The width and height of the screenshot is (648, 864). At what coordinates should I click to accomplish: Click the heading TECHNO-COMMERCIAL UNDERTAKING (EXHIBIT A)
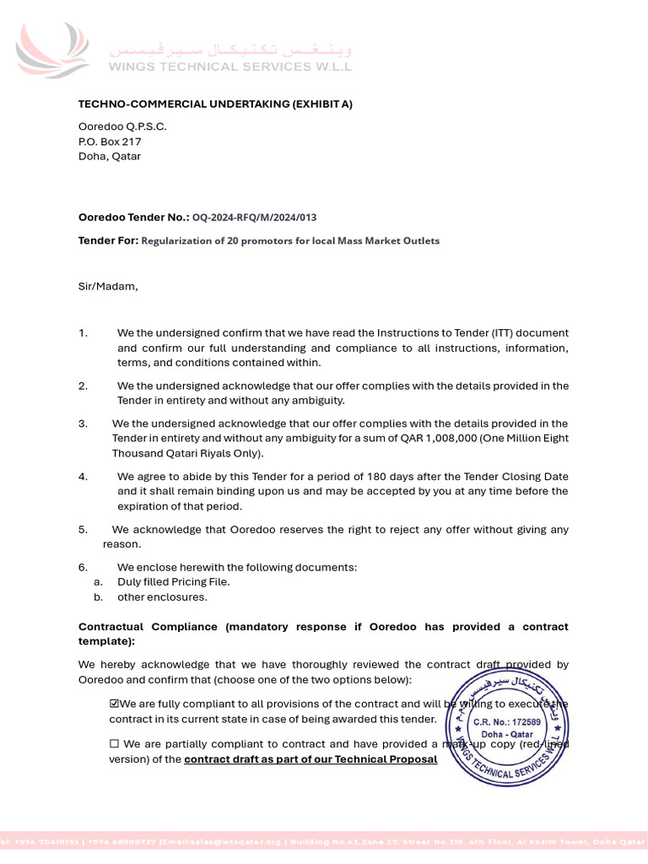point(215,104)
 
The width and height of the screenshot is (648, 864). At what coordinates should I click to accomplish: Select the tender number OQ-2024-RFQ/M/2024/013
point(255,218)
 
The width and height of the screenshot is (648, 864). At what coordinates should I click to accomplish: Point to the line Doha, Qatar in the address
point(110,156)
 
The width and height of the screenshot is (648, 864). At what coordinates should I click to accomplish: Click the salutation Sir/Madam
point(108,286)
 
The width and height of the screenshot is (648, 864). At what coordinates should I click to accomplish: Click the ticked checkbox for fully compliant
point(114,704)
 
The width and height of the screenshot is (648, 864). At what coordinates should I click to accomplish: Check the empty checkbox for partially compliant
point(114,744)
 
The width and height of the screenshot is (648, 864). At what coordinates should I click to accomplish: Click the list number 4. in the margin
point(83,476)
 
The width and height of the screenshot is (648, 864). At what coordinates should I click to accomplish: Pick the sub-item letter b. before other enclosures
point(98,597)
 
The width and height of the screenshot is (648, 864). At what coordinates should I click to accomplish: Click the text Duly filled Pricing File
point(173,582)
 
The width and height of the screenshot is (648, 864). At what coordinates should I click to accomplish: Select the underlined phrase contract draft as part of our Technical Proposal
point(310,759)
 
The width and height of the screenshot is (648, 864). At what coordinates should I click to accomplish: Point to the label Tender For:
point(108,240)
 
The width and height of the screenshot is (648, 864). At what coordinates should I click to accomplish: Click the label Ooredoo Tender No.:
point(133,218)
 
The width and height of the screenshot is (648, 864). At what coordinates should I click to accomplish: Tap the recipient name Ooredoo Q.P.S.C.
point(122,127)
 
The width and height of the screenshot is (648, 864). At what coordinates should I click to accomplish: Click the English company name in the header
point(229,67)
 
